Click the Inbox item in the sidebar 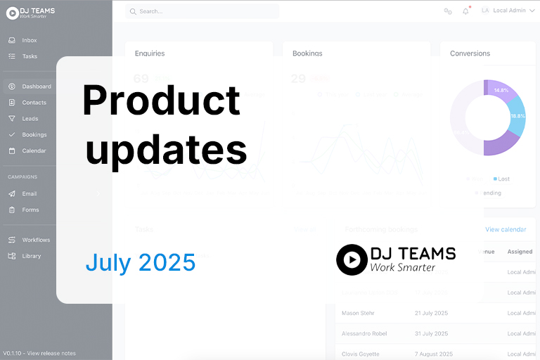point(29,40)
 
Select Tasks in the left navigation point(29,56)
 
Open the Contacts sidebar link point(34,103)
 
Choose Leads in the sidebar point(30,119)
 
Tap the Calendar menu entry point(34,150)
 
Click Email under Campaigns point(29,193)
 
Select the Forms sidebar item point(30,210)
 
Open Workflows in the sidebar point(36,240)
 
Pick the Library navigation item point(31,256)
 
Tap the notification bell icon point(465,11)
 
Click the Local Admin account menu point(508,11)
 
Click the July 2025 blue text point(141,262)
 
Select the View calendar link point(506,229)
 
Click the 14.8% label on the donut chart point(501,91)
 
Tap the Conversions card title point(470,53)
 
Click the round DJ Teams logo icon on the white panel point(352,259)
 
